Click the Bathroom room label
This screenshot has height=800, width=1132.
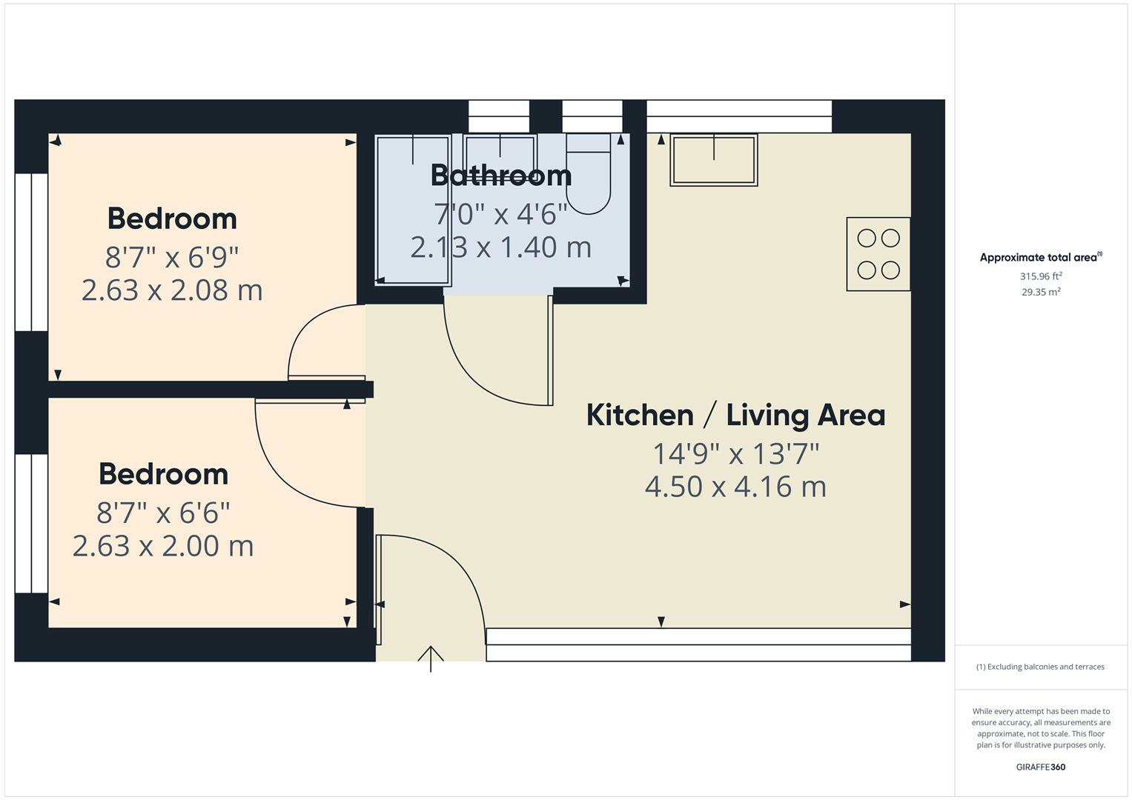coord(501,176)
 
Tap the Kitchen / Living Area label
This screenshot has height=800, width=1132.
coord(735,415)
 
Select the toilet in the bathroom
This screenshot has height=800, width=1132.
coord(589,174)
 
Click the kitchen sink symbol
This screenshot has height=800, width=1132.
coord(714,160)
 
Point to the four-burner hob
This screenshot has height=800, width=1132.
coord(878,254)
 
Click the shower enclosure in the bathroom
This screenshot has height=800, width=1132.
coord(413,210)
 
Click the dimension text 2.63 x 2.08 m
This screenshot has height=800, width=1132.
coord(172,290)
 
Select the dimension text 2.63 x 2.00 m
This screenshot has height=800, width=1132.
coord(163,546)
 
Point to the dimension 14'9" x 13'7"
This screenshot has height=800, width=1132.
coord(735,453)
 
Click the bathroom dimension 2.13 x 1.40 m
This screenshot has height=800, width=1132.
coord(501,247)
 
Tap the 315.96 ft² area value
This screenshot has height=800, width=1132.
coord(1041,276)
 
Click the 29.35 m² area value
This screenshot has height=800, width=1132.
coord(1041,292)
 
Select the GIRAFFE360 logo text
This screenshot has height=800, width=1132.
coord(1040,767)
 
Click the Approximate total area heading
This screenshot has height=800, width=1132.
coord(1039,258)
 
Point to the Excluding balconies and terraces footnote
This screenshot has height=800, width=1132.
coord(1040,667)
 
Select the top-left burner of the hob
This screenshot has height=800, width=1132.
coord(866,238)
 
